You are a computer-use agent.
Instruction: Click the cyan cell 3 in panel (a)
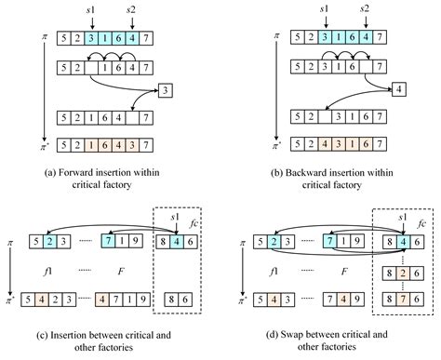click(91, 39)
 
